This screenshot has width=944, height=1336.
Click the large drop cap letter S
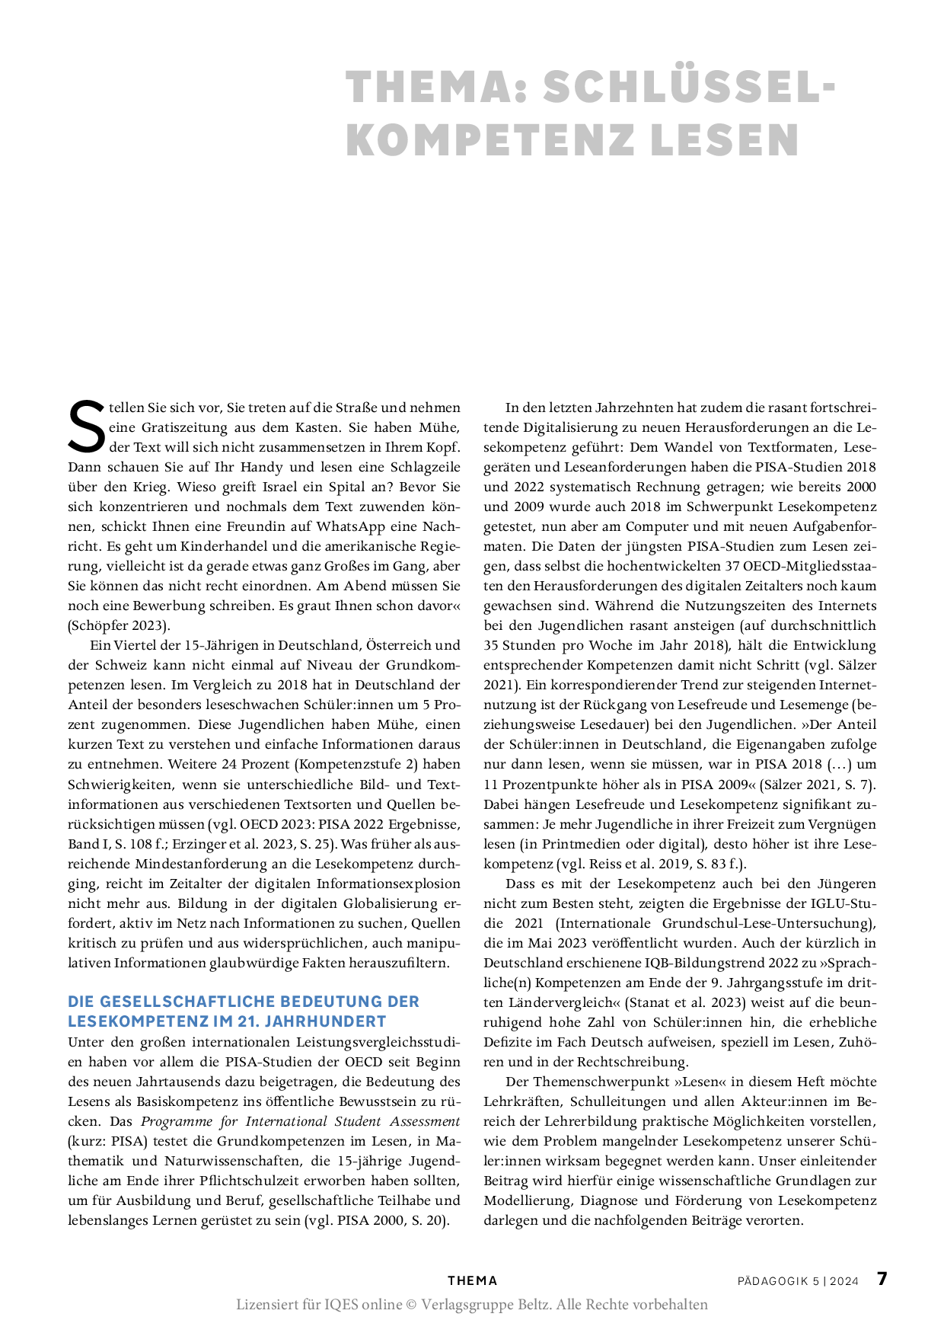pyautogui.click(x=86, y=427)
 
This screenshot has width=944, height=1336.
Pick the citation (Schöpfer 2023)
pyautogui.click(x=119, y=625)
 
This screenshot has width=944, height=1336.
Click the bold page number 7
pyautogui.click(x=882, y=1279)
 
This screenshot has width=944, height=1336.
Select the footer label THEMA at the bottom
pyautogui.click(x=472, y=1281)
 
